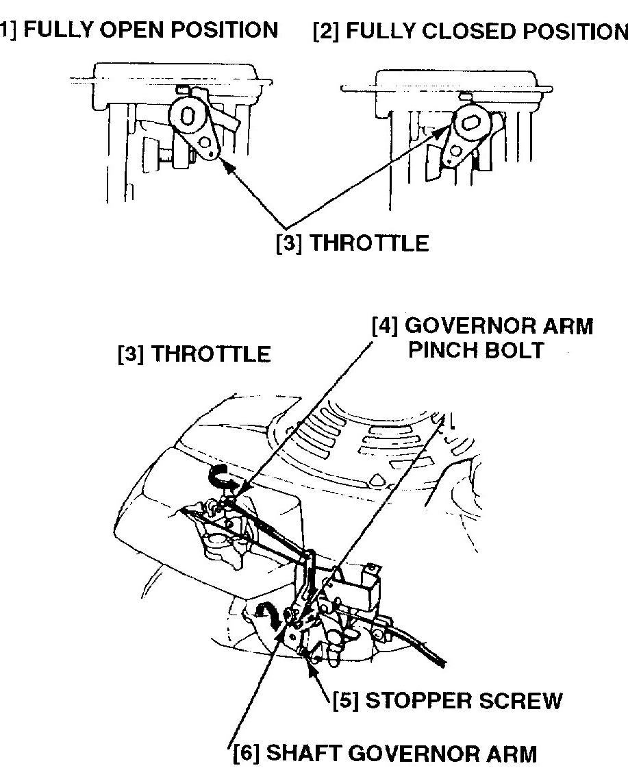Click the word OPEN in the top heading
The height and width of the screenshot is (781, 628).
132,30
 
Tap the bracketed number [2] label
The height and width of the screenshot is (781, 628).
327,32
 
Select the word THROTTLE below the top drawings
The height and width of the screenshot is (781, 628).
369,243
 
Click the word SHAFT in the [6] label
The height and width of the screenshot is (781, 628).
304,753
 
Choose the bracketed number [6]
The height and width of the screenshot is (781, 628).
247,754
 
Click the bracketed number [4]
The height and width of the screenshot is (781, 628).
386,327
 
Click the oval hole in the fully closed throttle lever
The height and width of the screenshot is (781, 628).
470,123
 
